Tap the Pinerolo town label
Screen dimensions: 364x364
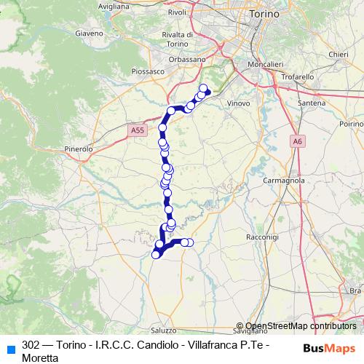tap(79, 149)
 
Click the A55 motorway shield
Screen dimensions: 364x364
tap(139, 130)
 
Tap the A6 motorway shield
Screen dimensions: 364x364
tap(298, 141)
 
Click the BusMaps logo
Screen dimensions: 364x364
tap(328, 348)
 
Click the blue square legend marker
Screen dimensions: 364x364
tap(10, 348)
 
